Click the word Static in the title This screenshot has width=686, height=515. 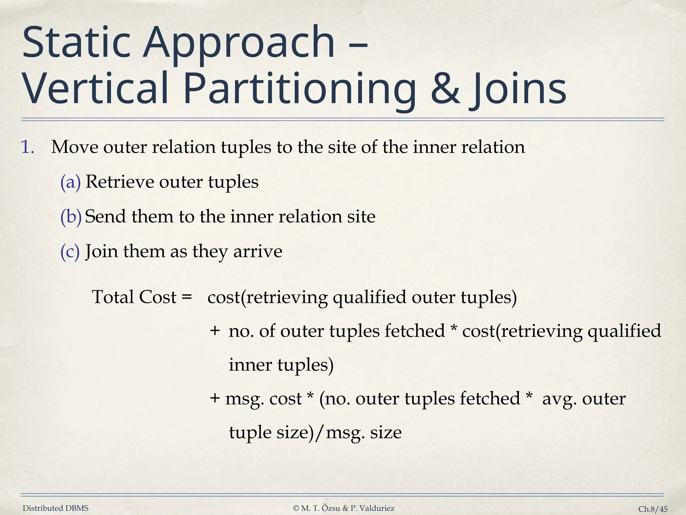76,44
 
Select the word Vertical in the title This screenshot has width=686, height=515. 95,89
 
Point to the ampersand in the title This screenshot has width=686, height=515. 445,89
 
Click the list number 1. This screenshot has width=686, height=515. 28,147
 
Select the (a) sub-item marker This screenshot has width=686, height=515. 71,182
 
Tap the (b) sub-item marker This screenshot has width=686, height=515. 71,217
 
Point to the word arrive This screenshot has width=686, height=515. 258,251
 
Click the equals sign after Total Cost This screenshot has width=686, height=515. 186,297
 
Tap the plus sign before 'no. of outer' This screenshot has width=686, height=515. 215,331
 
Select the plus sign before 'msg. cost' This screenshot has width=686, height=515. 215,399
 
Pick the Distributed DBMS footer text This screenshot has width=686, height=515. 56,508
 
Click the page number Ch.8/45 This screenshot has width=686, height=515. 653,509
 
